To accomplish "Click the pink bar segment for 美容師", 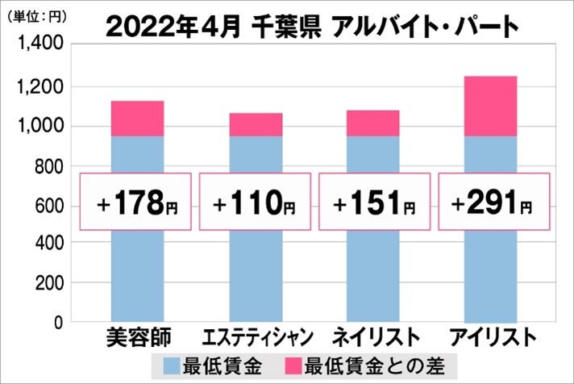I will point(136,119).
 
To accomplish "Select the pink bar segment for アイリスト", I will point(491,106).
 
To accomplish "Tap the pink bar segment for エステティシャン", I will point(256,124).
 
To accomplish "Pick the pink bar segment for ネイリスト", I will point(373,123).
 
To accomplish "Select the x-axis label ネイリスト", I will point(373,336).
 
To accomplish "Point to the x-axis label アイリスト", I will point(492,336).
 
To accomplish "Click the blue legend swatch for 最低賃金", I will point(173,364).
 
